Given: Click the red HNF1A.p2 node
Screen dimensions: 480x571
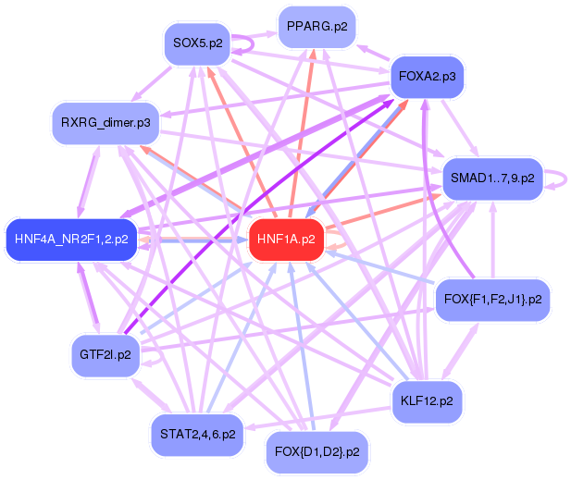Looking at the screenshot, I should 286,240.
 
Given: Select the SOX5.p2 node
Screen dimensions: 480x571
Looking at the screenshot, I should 197,43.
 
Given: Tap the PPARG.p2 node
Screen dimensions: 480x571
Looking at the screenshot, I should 317,27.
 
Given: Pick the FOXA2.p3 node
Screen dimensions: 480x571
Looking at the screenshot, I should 426,77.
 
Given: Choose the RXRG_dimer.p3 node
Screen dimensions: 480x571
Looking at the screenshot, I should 106,122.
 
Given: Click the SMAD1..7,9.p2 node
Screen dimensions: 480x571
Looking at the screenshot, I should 492,178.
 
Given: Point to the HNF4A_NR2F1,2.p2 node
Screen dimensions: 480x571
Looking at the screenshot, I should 71,240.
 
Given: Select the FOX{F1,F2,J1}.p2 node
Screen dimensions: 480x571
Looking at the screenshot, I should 493,300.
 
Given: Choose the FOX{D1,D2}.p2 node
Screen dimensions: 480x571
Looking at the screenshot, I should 317,452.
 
